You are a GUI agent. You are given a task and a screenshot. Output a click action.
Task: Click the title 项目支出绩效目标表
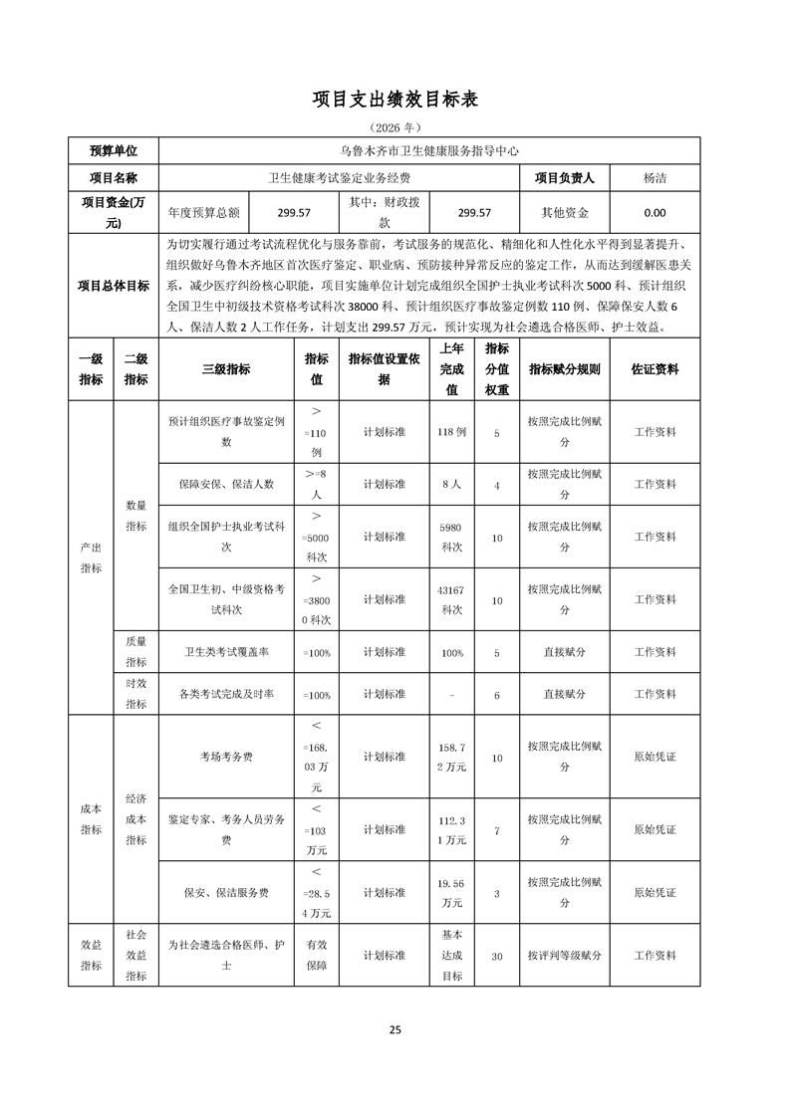coord(395,99)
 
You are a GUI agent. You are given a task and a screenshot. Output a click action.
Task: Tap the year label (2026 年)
coord(395,127)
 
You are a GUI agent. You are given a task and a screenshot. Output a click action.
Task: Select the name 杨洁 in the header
coord(655,178)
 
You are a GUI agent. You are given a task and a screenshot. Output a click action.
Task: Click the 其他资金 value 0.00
coord(655,213)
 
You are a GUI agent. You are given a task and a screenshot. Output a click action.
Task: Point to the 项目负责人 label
coord(565,178)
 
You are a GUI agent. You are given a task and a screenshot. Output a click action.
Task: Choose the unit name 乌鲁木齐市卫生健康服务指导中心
coord(429,151)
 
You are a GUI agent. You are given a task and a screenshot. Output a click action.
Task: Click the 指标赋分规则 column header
coord(565,369)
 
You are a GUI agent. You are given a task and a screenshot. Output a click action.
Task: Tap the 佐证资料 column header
coord(655,369)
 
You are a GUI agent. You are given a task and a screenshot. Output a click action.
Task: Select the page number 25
coord(395,1029)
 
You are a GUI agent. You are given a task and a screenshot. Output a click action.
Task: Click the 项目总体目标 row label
coord(114,286)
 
